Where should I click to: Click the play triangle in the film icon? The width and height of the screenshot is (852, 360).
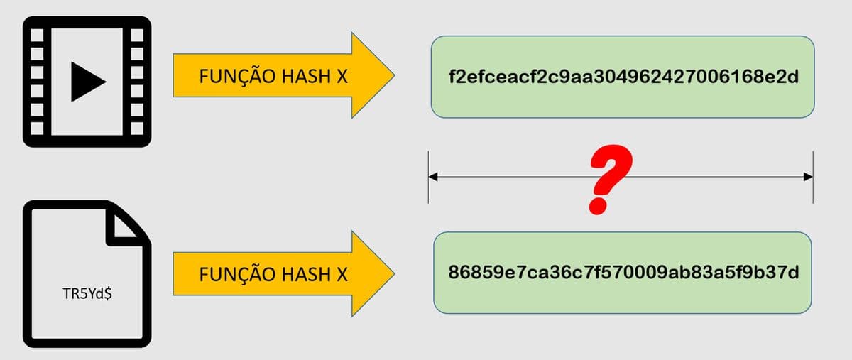(x=87, y=82)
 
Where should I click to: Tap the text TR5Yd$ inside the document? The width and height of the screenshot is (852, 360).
(x=87, y=294)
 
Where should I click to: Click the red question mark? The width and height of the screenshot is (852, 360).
(x=611, y=179)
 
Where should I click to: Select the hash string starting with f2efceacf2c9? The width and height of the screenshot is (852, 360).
(x=623, y=77)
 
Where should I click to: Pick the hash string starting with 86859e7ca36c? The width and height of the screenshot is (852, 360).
(x=623, y=273)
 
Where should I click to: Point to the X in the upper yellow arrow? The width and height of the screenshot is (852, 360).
(x=342, y=77)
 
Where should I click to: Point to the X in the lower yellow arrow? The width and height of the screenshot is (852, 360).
(x=342, y=274)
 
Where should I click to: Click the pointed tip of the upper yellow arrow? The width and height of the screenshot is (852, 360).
(x=394, y=75)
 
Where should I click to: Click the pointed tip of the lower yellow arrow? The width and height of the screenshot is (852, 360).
(x=394, y=273)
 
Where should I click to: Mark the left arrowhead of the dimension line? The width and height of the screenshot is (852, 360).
(x=433, y=177)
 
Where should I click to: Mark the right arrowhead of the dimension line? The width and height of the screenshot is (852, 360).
(x=808, y=177)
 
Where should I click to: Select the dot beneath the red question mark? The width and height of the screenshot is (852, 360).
(x=599, y=206)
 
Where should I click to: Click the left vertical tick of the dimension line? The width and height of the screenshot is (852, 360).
(x=428, y=178)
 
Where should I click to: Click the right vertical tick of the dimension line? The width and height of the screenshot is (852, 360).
(x=813, y=178)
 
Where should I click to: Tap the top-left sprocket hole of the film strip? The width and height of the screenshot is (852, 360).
(x=37, y=36)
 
